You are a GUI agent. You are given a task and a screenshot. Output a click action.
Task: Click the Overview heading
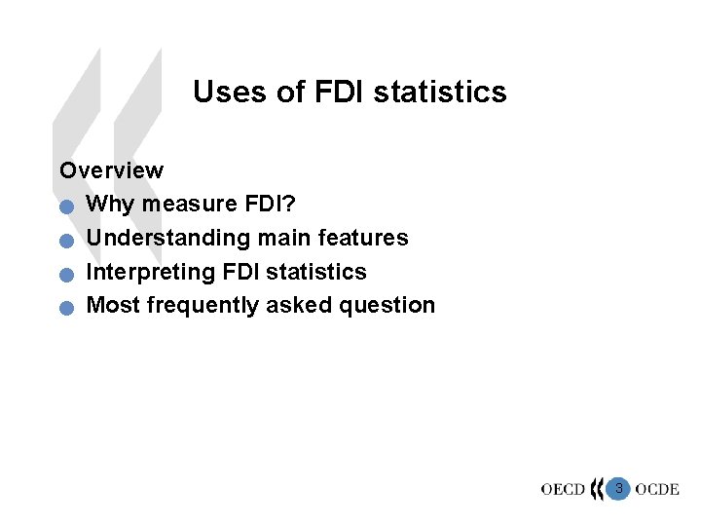tap(111, 170)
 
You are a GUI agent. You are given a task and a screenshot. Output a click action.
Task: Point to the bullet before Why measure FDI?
tap(65, 207)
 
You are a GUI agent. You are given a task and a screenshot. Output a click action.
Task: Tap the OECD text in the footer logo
tap(563, 489)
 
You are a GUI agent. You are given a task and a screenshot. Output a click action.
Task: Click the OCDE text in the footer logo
tap(656, 489)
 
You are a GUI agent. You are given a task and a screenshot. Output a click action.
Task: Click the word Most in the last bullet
tap(113, 305)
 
